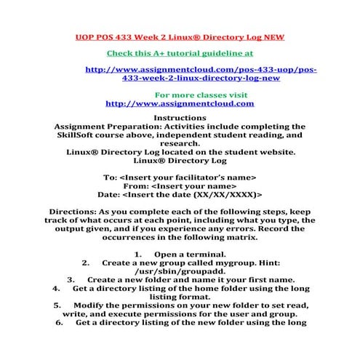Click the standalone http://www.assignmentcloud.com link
180,103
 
